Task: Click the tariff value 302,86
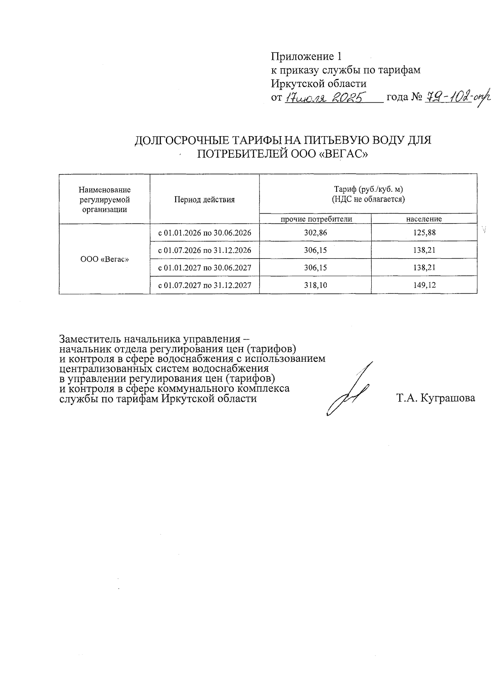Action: click(x=315, y=233)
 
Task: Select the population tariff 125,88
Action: click(x=424, y=233)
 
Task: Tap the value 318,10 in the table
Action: click(x=315, y=285)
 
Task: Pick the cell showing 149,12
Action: click(x=424, y=285)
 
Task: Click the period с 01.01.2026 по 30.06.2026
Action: click(x=205, y=233)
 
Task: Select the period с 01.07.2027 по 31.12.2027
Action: click(x=205, y=285)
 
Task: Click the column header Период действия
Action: click(x=204, y=200)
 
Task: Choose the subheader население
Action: click(x=424, y=219)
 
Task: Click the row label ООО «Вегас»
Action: click(x=104, y=259)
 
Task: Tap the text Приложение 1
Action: click(x=306, y=56)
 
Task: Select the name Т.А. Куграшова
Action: click(x=435, y=398)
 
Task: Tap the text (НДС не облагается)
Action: click(x=368, y=200)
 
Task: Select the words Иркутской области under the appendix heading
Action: click(x=318, y=84)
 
